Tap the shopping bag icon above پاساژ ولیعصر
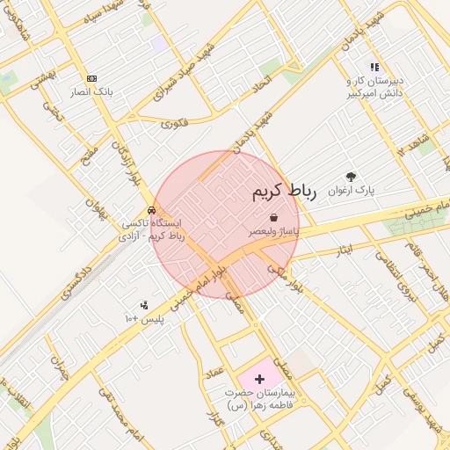point(273,216)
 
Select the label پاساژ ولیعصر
point(272,230)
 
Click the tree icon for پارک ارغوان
point(352,177)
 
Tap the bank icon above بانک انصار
point(92,77)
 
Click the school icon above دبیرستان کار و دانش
point(374,66)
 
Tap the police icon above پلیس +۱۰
point(144,305)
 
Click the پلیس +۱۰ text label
point(144,317)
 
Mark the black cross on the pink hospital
point(258,378)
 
